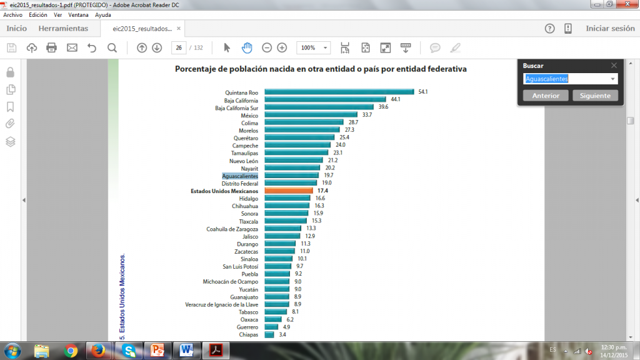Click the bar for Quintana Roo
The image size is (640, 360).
click(x=339, y=92)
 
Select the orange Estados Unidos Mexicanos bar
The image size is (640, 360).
click(x=288, y=191)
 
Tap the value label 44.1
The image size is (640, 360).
click(x=395, y=99)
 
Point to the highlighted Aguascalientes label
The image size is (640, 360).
click(x=240, y=176)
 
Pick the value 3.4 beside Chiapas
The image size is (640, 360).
click(x=282, y=334)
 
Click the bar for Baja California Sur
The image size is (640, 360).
click(x=319, y=107)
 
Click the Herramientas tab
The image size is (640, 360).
click(x=63, y=28)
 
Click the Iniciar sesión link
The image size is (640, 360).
click(x=610, y=28)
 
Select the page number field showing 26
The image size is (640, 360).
click(x=178, y=48)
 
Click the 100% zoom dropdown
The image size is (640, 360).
click(x=314, y=48)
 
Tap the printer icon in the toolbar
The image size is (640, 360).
click(x=51, y=48)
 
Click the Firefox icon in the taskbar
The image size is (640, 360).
click(x=97, y=350)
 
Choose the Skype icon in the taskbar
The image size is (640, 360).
click(x=130, y=350)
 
